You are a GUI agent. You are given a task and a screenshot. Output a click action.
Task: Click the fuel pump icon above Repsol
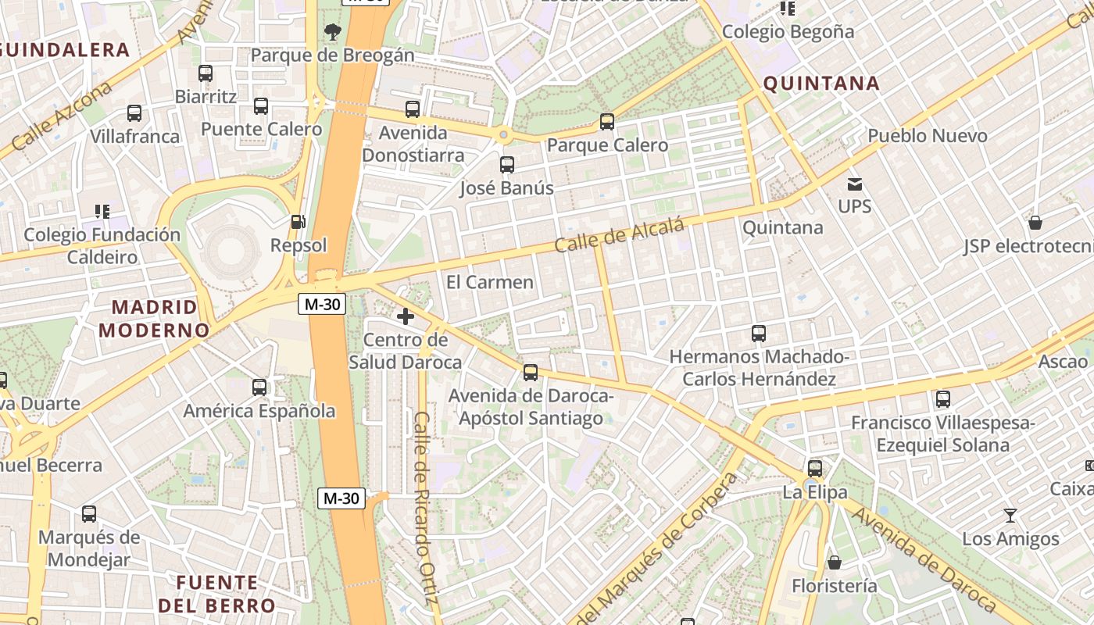click(298, 222)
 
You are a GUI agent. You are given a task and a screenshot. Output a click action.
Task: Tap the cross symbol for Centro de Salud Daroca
click(406, 316)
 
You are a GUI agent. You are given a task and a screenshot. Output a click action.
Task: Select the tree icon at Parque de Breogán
click(332, 32)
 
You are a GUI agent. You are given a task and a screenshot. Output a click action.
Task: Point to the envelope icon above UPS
click(854, 184)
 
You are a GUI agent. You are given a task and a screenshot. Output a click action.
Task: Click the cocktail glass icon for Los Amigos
click(1010, 516)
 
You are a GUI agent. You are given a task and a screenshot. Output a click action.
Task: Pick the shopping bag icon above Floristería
click(834, 562)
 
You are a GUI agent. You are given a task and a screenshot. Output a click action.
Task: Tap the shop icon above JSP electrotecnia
click(1035, 223)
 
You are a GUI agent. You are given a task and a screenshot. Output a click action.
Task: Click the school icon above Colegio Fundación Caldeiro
click(102, 211)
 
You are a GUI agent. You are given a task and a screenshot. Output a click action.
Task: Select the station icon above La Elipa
click(815, 469)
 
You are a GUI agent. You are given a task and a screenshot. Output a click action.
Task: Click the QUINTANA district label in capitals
click(821, 84)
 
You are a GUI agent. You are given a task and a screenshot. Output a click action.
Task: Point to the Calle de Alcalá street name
click(620, 235)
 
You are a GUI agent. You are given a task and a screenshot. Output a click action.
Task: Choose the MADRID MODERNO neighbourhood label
click(154, 318)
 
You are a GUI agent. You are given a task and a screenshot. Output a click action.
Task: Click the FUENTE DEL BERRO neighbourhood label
click(216, 594)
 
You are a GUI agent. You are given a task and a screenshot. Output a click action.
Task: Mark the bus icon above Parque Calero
click(607, 122)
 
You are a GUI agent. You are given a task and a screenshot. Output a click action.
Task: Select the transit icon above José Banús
click(507, 165)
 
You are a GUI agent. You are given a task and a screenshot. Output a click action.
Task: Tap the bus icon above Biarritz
click(206, 73)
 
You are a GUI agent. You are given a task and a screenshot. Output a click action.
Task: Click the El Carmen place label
click(490, 282)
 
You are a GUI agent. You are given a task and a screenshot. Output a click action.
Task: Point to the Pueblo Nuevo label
click(928, 136)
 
